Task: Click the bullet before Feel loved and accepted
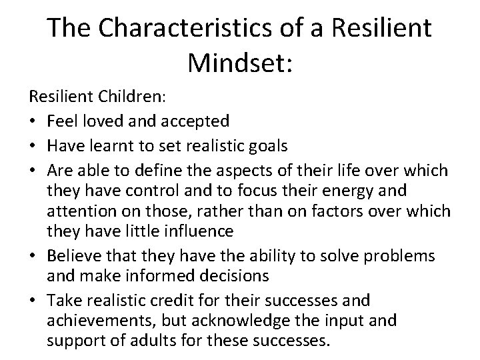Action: (33, 121)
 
